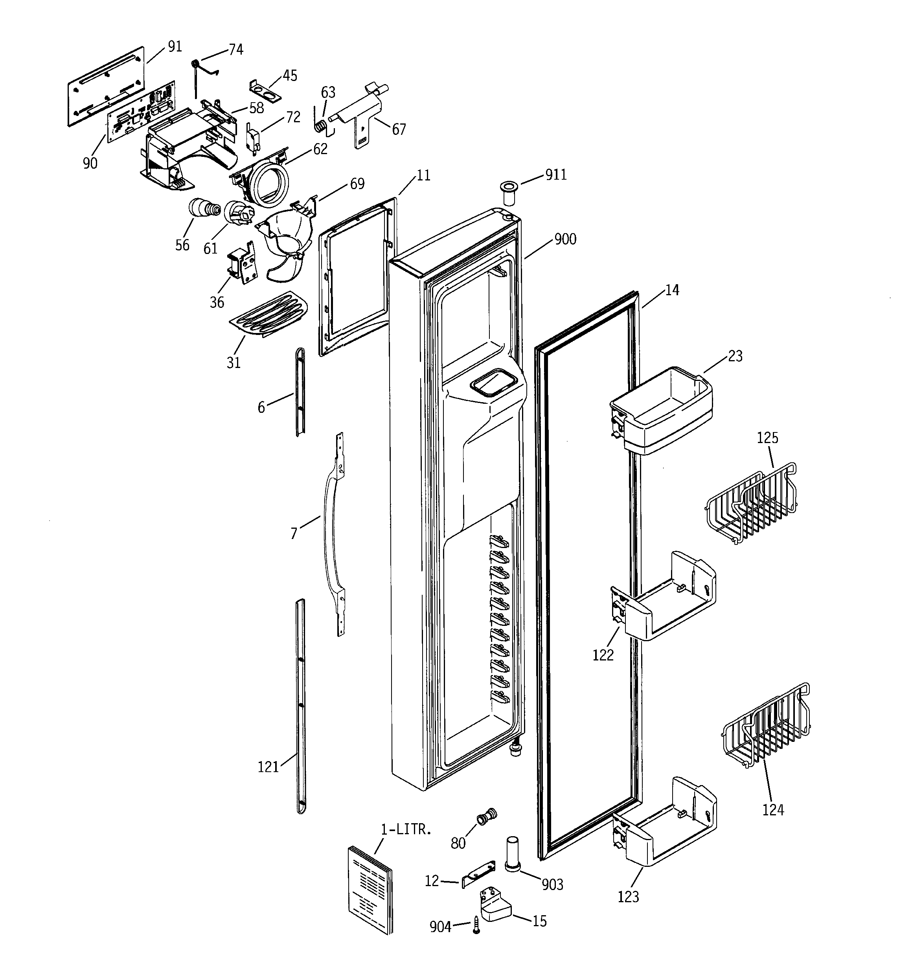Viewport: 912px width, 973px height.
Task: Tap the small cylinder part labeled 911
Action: click(507, 192)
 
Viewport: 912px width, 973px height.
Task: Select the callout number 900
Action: click(565, 239)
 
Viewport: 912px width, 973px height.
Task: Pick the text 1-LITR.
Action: click(406, 830)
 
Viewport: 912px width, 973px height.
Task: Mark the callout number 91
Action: click(175, 46)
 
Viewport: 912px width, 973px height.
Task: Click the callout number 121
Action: click(268, 767)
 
